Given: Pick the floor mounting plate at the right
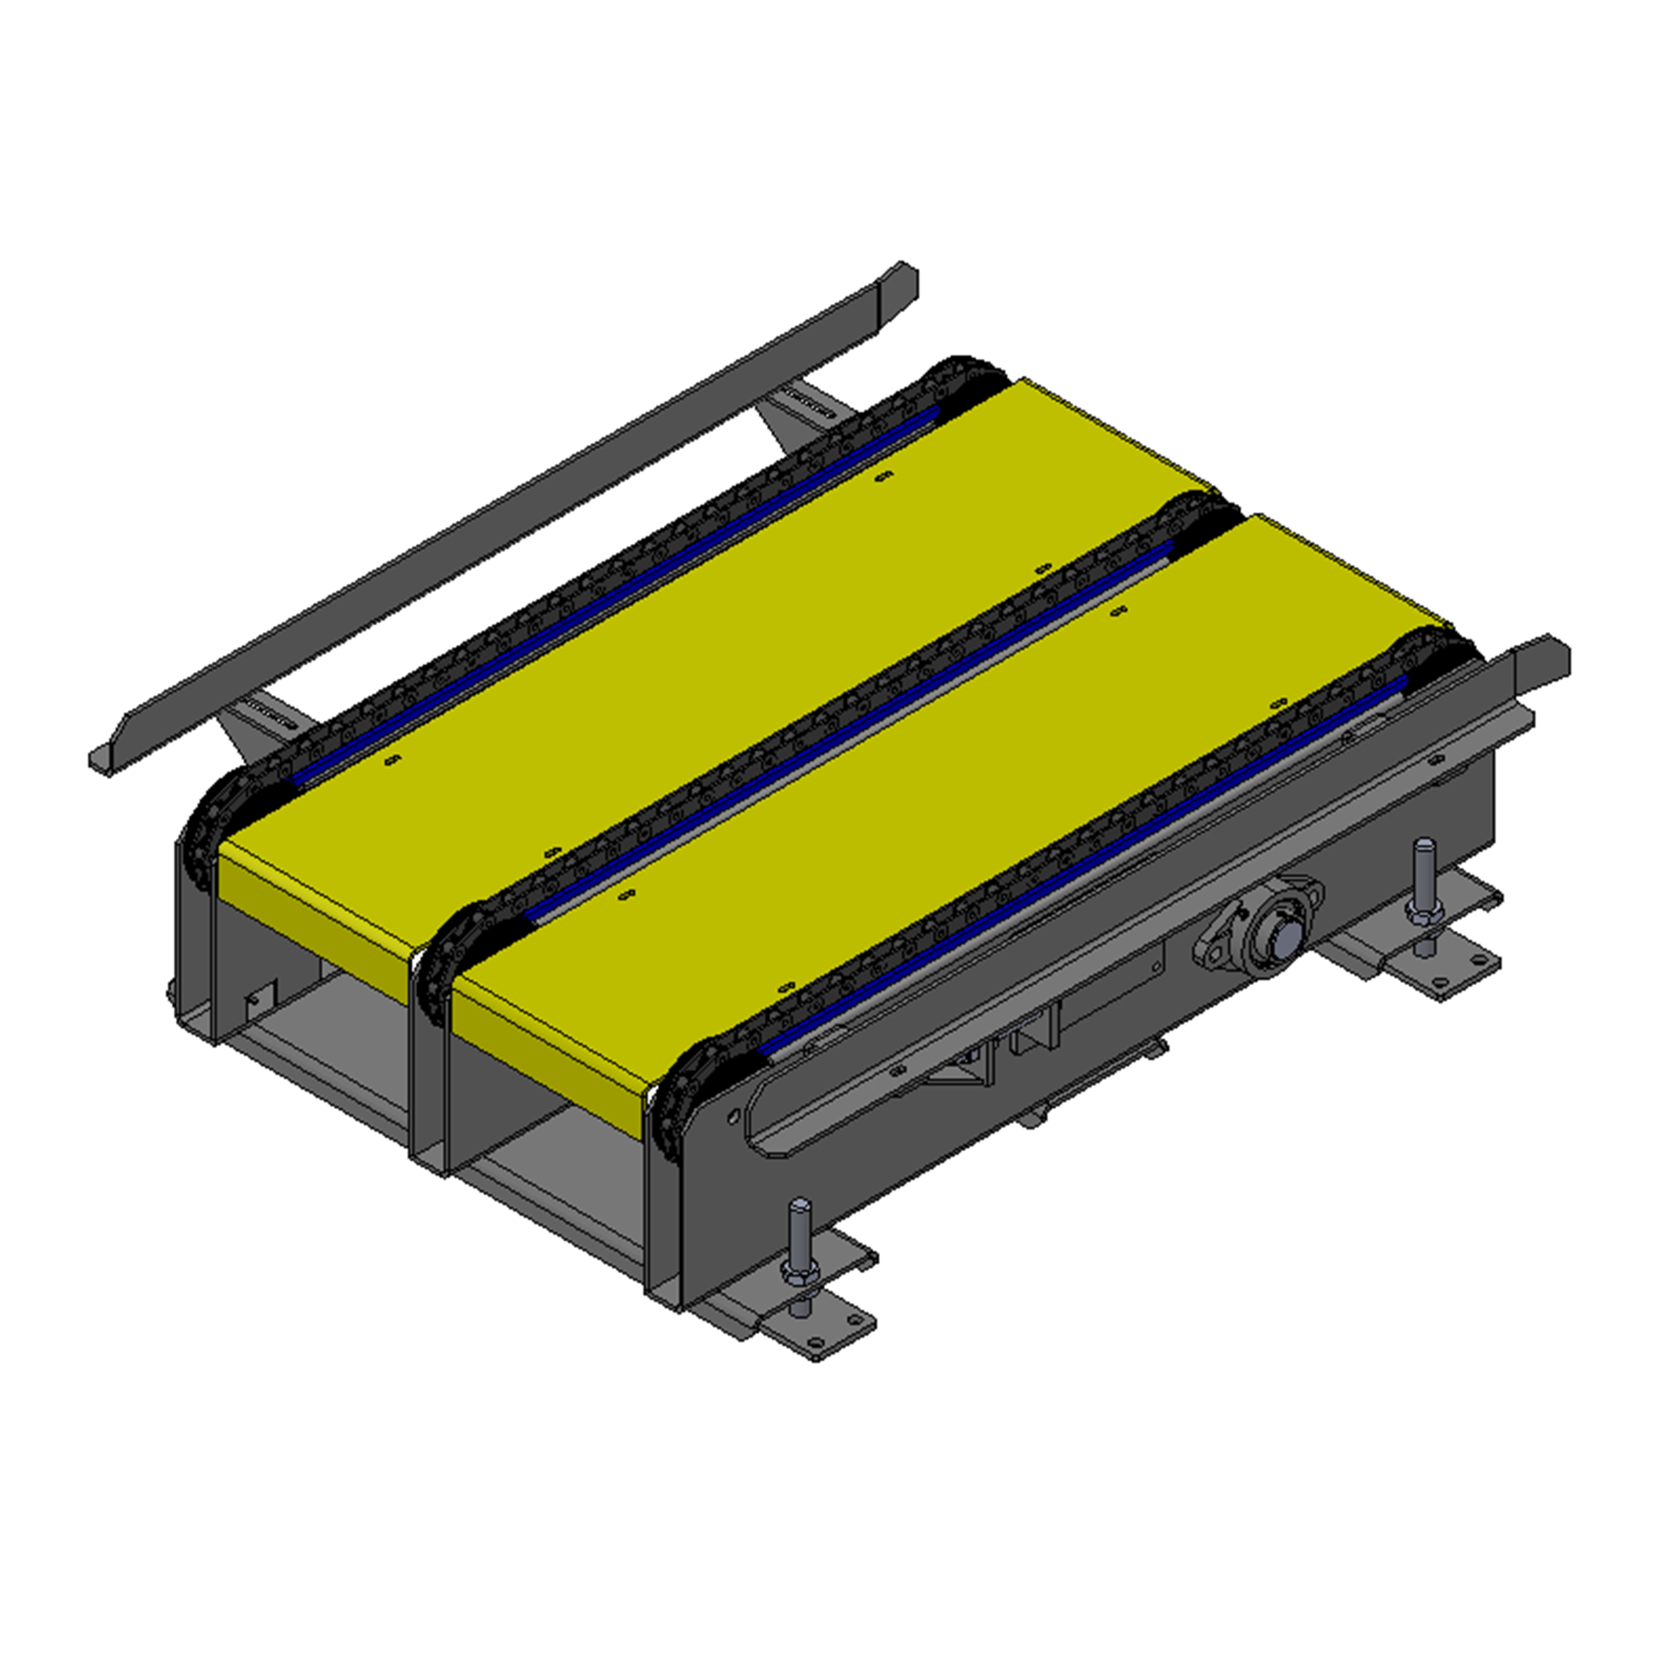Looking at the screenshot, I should tap(1446, 971).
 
